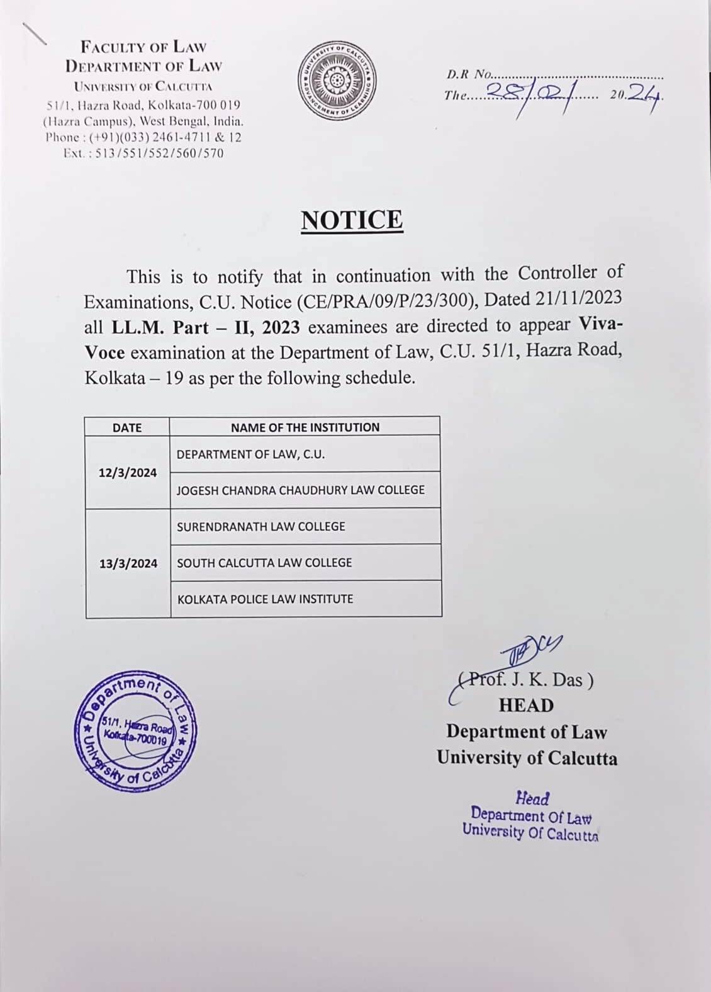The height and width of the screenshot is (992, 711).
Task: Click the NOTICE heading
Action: (352, 220)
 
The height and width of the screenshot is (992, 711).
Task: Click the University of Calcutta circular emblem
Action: (337, 81)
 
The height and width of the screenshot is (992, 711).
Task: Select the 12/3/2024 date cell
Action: (128, 473)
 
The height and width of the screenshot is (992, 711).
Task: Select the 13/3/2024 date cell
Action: (128, 563)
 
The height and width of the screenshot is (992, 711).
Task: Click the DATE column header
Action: (127, 427)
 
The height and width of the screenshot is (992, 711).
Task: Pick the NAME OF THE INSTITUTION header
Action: (305, 427)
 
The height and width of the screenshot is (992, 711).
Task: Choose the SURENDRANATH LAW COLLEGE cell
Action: (261, 526)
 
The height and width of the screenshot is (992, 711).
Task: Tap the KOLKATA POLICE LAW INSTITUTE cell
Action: (265, 599)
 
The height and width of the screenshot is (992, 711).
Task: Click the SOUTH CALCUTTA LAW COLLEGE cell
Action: (264, 563)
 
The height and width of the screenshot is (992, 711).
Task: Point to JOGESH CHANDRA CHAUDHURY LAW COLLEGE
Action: (301, 490)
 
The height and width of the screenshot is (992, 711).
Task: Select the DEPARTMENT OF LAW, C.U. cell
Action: (250, 454)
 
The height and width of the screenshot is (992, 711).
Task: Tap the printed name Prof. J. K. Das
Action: (526, 680)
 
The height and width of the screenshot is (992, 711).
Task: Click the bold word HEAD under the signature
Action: (526, 706)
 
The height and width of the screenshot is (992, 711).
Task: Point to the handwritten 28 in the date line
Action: (503, 94)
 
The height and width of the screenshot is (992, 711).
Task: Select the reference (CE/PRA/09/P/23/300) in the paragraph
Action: (386, 301)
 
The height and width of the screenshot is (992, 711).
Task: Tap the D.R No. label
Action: (468, 75)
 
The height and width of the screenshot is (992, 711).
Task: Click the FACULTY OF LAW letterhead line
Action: (143, 47)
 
